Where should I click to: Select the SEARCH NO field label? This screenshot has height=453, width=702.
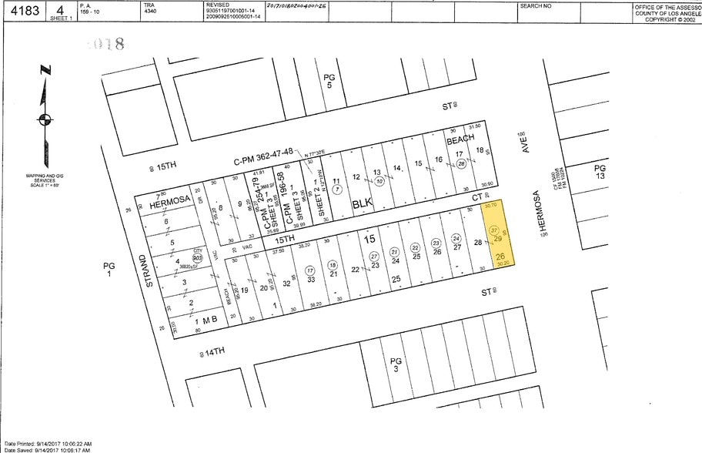(x=536, y=5)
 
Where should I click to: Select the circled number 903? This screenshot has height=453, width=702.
(x=198, y=257)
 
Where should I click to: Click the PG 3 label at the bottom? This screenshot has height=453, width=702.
(x=396, y=364)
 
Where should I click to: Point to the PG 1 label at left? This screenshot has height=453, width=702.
(x=109, y=269)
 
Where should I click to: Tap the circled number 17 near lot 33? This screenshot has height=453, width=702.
(x=309, y=270)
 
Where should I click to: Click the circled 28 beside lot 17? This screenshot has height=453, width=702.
(x=461, y=163)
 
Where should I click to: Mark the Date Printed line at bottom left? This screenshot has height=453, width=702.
(x=48, y=444)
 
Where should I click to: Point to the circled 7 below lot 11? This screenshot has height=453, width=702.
(x=336, y=189)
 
